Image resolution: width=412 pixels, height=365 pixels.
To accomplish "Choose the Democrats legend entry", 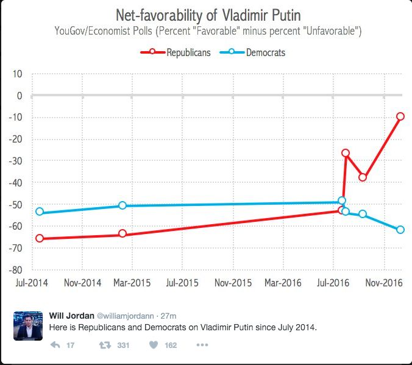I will tap(258, 52).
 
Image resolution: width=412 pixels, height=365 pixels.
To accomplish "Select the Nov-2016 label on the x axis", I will tap(383, 283).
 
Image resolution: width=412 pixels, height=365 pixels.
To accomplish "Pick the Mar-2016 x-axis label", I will tap(283, 283).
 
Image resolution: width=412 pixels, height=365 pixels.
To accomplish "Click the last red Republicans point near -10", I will tap(400, 116).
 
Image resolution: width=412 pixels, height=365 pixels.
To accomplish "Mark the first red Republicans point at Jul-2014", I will tap(40, 238).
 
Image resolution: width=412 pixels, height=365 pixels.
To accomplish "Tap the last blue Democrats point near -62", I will tap(400, 230).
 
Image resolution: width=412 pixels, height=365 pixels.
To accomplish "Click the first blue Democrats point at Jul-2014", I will tap(40, 211).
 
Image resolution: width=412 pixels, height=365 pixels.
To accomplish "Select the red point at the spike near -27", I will tap(346, 153).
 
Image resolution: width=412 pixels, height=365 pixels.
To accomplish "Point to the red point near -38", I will tap(363, 177).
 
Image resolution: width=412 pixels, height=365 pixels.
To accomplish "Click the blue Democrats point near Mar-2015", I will tap(123, 205).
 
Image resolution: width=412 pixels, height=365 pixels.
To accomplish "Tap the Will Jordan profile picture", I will tap(27, 325).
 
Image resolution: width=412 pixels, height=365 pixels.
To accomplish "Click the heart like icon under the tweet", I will tap(152, 346).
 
